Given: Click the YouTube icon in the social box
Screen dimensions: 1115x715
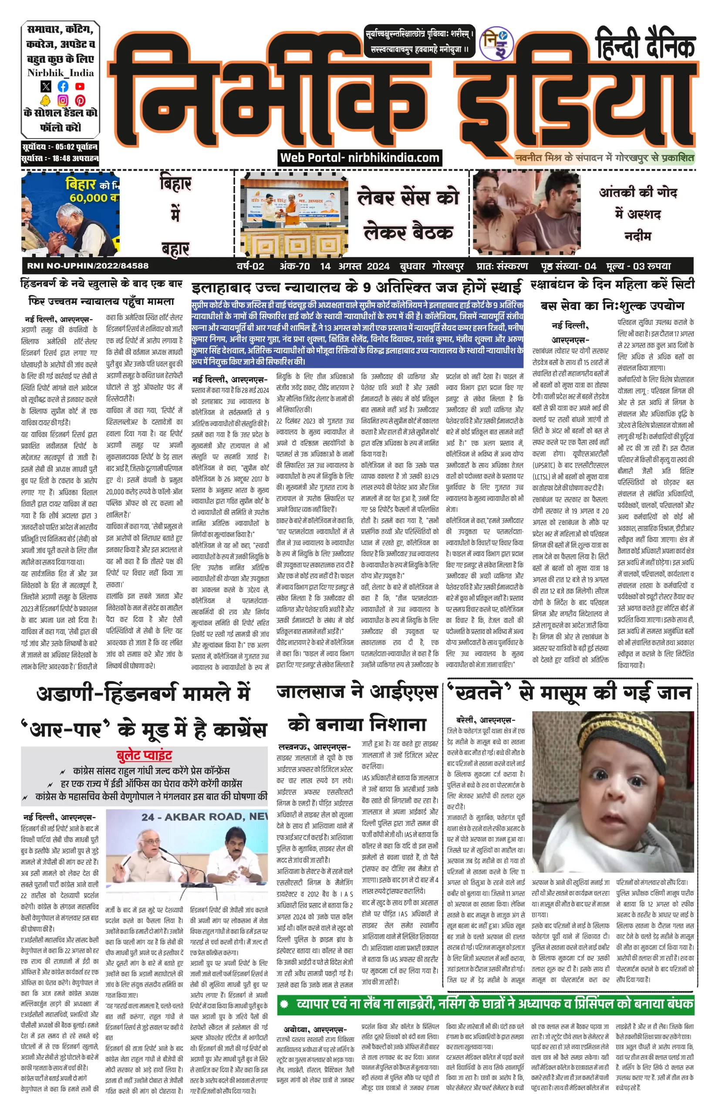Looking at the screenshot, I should pos(80,86).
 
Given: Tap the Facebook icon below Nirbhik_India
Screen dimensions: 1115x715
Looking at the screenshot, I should pos(63,86).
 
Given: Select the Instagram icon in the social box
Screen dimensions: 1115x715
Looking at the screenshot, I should pos(63,100).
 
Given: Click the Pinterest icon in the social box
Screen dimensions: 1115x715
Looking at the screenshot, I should pos(80,100).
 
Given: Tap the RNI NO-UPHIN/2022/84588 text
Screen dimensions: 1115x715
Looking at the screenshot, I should pos(88,266).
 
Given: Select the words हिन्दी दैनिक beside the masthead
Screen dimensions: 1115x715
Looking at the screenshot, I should pos(645,45).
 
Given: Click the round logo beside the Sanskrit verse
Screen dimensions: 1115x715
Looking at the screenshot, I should pos(496,43).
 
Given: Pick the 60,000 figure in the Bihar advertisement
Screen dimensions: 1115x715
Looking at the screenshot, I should pos(89,198).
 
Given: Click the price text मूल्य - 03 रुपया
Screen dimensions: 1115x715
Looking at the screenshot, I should pos(638,266).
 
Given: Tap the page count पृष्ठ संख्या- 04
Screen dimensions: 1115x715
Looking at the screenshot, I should pos(568,266).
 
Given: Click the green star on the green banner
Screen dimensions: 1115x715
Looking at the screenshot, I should pos(284,1004).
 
